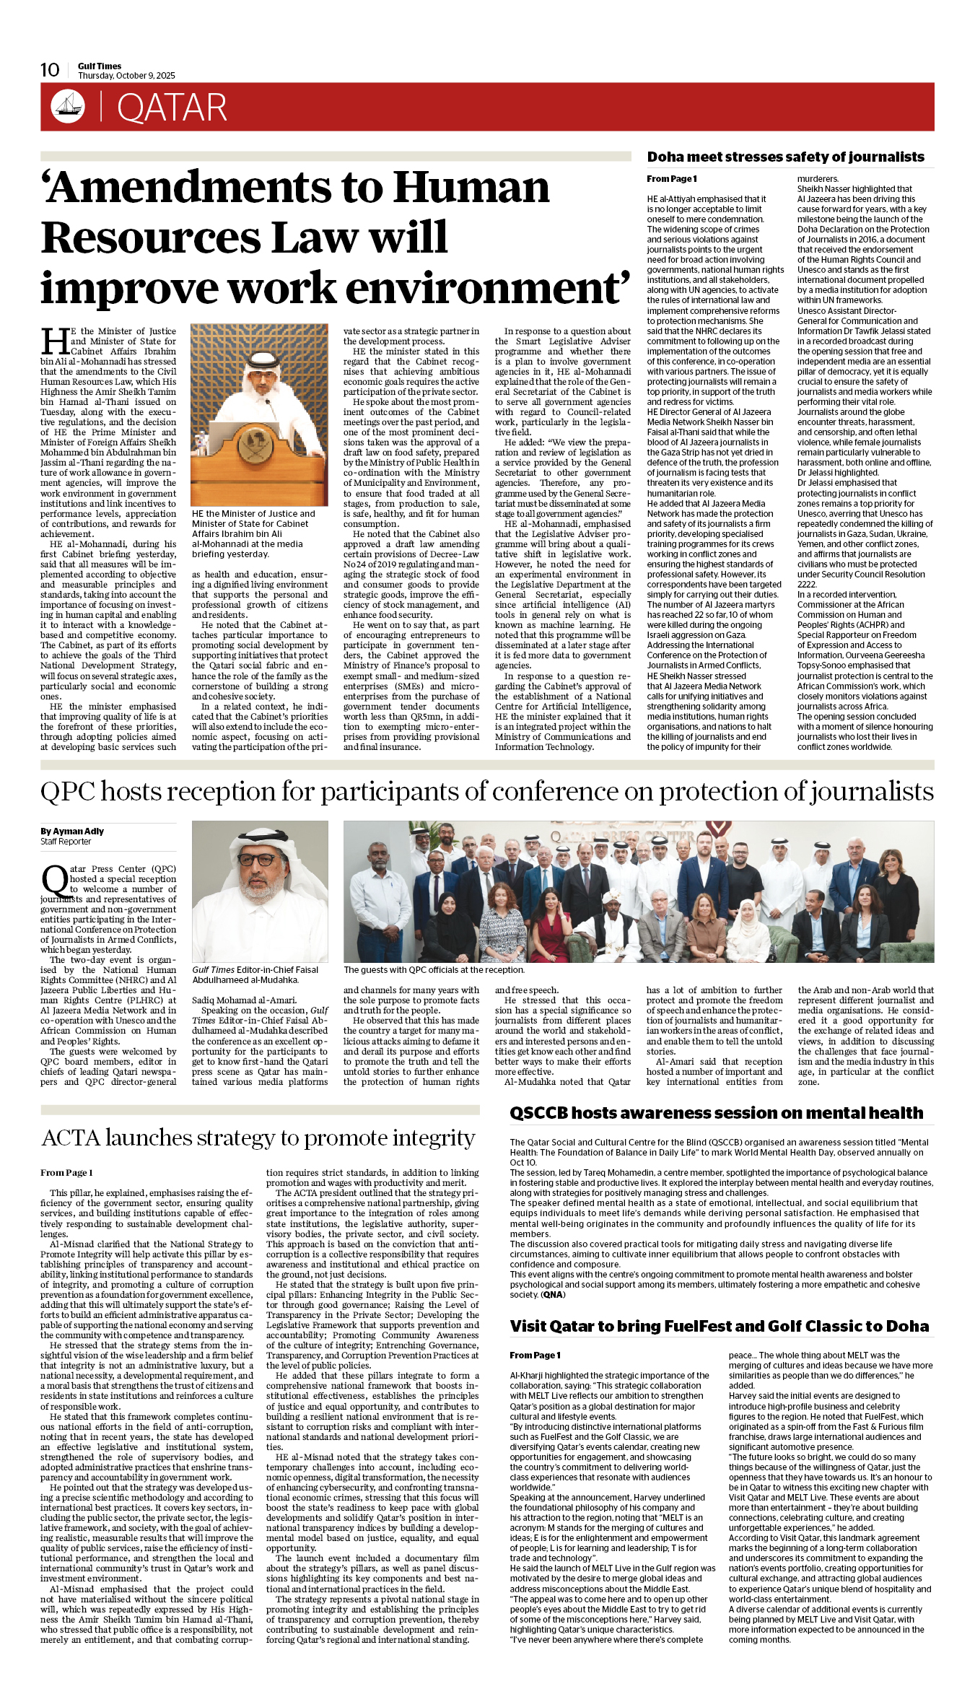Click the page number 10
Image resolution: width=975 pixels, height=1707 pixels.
[50, 70]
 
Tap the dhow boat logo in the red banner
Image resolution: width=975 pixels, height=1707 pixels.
[68, 107]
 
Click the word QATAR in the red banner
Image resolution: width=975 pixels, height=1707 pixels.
[172, 108]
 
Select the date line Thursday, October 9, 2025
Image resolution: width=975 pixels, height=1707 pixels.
[126, 76]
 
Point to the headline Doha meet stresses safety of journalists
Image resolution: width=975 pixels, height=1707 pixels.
[785, 157]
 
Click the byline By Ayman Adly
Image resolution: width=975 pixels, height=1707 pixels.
[72, 831]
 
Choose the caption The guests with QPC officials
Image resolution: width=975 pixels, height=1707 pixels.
[434, 970]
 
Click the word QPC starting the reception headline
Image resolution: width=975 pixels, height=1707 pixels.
[68, 792]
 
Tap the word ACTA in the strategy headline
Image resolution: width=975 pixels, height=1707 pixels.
[71, 1138]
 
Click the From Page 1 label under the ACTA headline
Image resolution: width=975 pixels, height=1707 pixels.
[66, 1173]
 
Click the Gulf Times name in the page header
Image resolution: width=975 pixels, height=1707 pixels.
[100, 66]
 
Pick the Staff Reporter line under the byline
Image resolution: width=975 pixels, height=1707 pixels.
[66, 842]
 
